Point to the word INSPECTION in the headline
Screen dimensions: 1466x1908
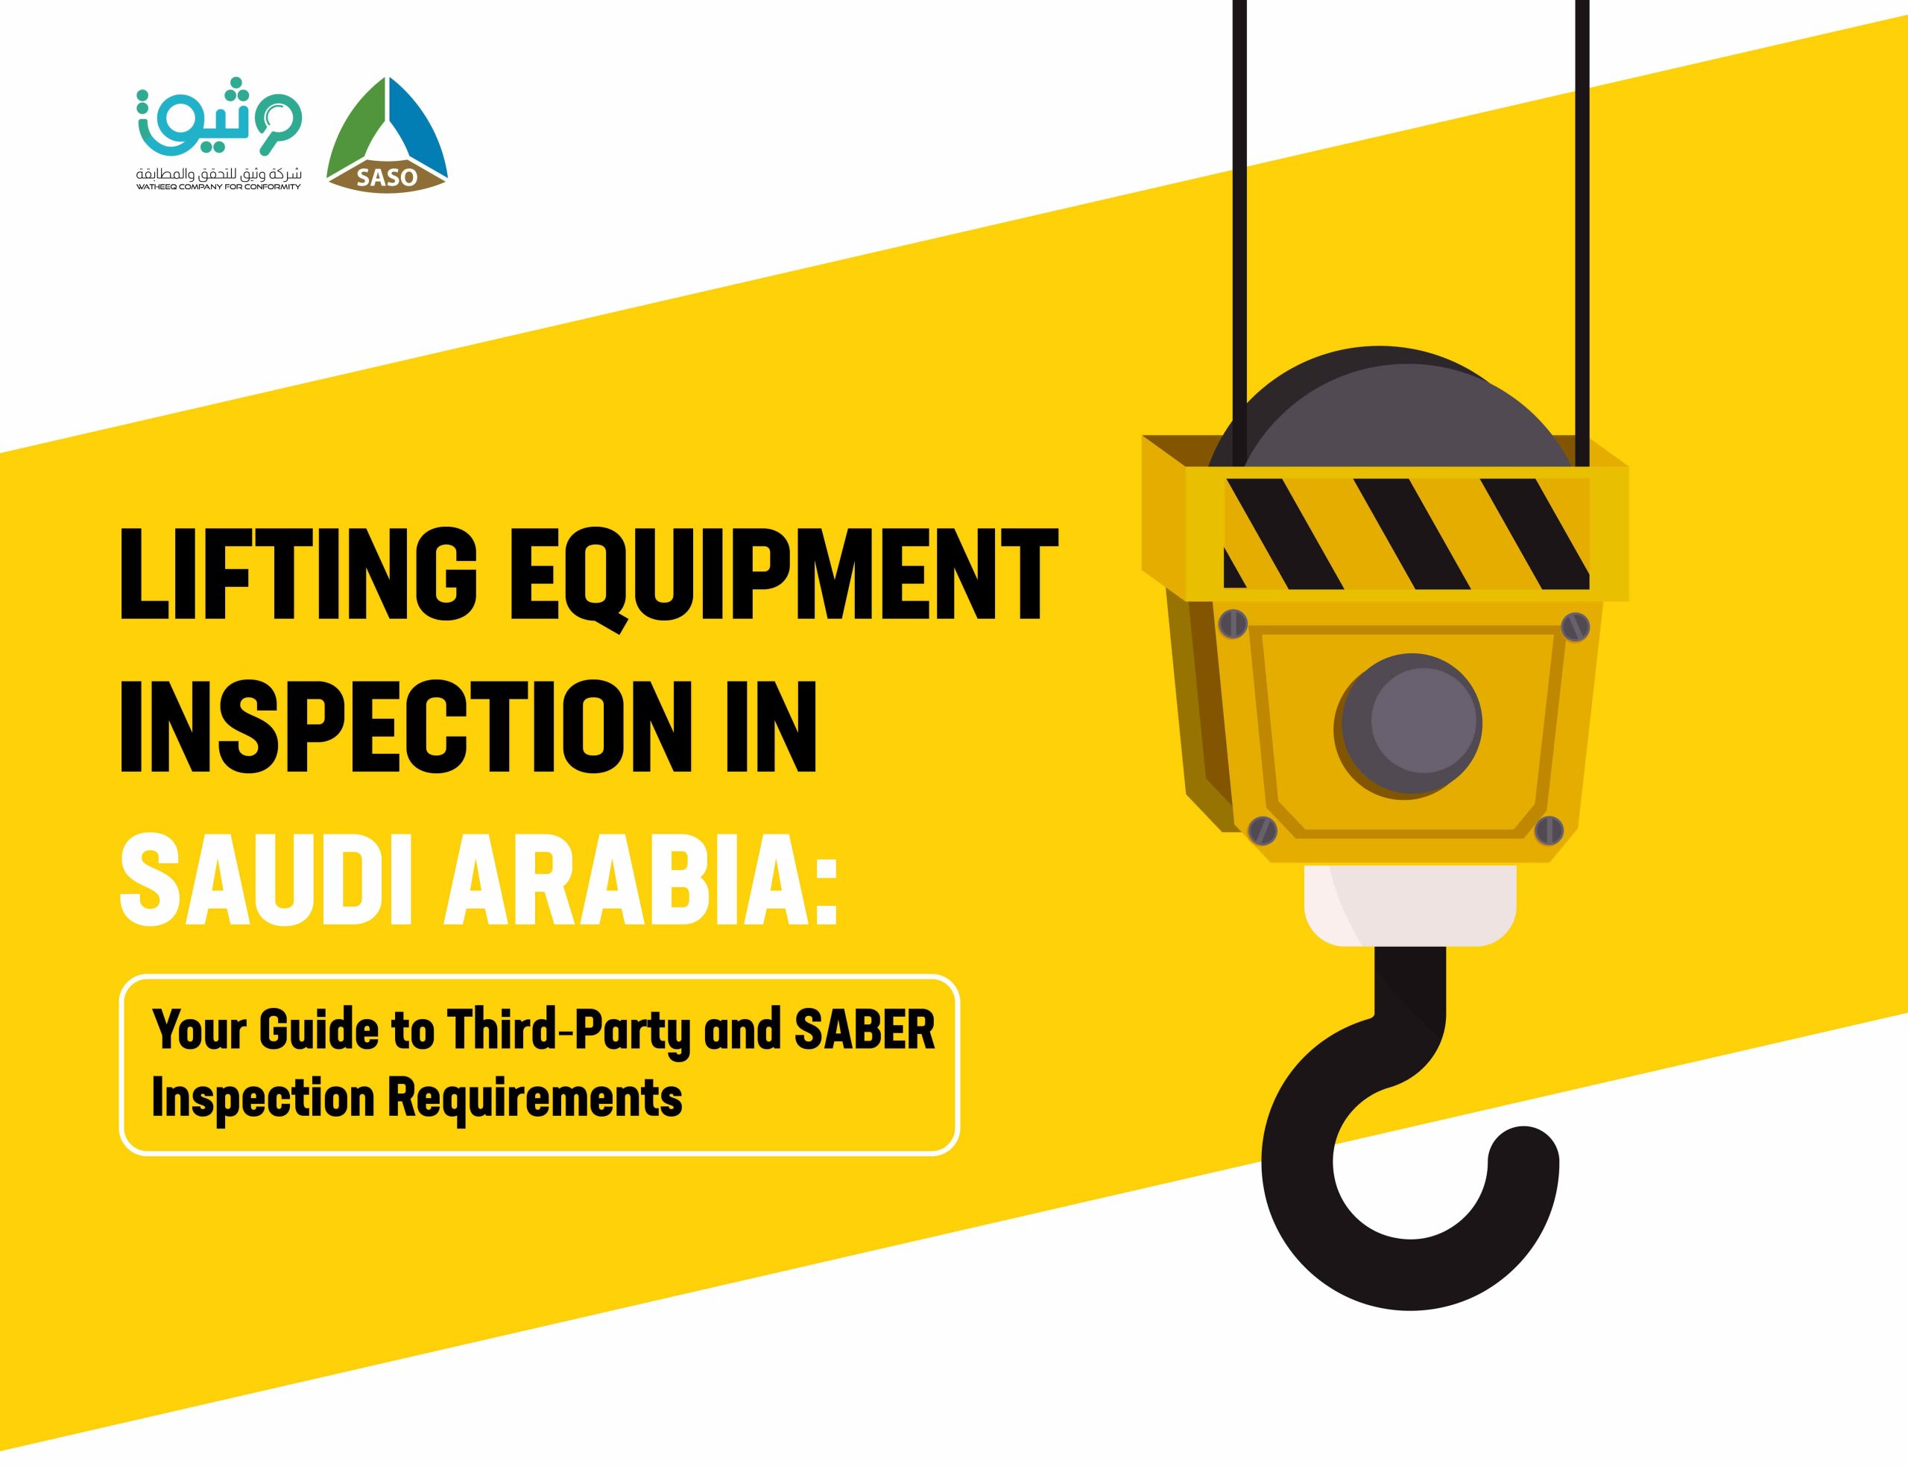[x=397, y=726]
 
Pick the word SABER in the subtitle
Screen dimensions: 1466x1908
[x=864, y=1030]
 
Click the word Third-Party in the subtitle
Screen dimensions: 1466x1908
[x=567, y=1030]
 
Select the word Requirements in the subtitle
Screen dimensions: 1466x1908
[x=534, y=1098]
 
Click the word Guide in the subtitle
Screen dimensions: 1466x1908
[x=318, y=1030]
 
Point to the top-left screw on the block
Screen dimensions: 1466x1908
[x=1233, y=623]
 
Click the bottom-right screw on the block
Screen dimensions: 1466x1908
[x=1549, y=829]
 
